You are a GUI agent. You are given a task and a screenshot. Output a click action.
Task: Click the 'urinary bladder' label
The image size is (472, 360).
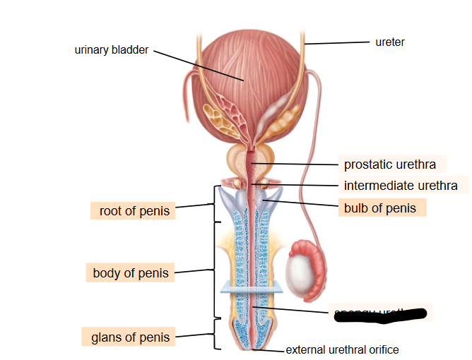(x=112, y=50)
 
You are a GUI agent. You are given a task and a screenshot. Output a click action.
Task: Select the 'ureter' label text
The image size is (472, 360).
(x=390, y=42)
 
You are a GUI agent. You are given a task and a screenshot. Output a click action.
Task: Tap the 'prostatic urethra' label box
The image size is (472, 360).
(x=390, y=164)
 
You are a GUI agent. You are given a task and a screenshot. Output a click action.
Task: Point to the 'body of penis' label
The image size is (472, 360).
(x=131, y=272)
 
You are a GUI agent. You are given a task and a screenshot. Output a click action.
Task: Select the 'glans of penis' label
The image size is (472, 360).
(x=131, y=337)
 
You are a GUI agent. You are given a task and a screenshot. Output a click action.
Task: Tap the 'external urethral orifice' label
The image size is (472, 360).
(x=342, y=349)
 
